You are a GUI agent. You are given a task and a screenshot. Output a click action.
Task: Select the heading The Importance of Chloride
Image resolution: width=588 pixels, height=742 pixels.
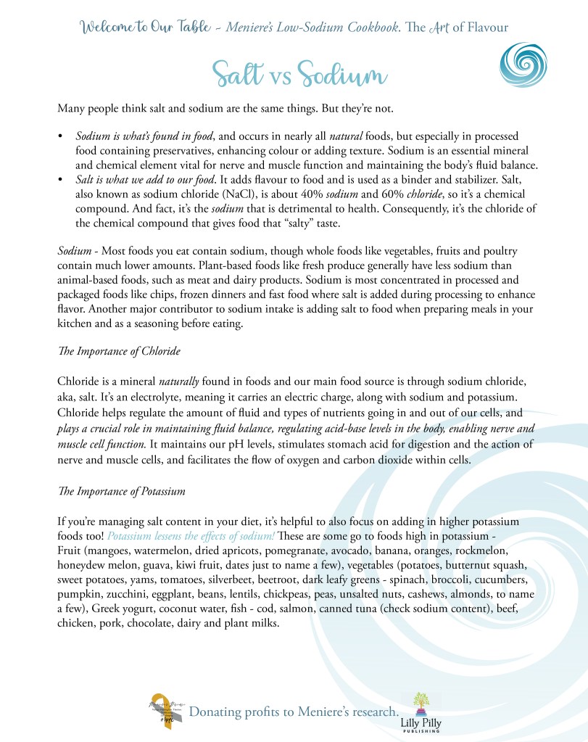click(119, 352)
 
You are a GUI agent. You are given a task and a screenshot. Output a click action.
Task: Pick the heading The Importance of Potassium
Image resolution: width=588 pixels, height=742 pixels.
click(122, 491)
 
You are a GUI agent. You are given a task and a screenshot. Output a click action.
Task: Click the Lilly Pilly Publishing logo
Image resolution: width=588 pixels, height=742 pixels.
click(421, 712)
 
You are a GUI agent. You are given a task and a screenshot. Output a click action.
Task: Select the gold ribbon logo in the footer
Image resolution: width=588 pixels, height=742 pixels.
click(164, 712)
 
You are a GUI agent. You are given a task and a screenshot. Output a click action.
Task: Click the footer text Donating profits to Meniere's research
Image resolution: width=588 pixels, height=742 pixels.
click(294, 712)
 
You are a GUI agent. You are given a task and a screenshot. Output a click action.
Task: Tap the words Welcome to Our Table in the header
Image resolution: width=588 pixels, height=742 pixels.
click(141, 28)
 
